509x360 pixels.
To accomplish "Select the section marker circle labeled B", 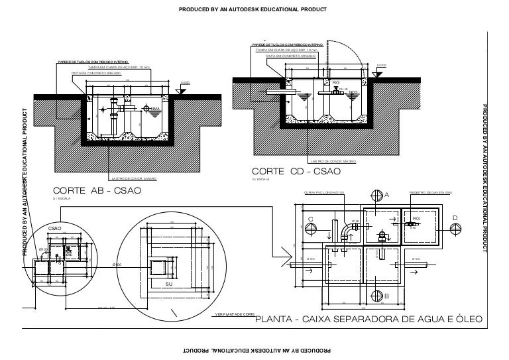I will [377, 294].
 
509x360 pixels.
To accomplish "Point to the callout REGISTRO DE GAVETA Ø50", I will [430, 192].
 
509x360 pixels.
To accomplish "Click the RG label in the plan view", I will [416, 218].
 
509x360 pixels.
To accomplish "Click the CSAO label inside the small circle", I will [55, 228].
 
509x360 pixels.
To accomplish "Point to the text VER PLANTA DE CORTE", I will [235, 313].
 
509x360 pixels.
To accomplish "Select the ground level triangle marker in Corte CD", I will [376, 74].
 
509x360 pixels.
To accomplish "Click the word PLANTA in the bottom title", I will [276, 321].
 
